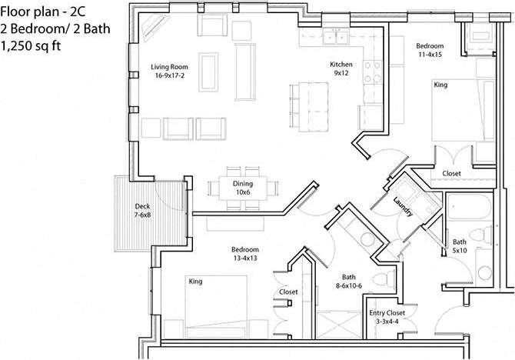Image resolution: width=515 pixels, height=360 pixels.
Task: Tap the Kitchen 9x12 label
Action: (341, 68)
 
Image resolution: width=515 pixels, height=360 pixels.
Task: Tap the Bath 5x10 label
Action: (460, 245)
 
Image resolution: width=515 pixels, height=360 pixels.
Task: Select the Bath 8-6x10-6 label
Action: (350, 282)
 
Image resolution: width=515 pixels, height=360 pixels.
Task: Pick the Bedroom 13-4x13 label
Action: (245, 254)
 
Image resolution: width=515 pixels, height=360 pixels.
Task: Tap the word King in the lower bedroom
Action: (195, 282)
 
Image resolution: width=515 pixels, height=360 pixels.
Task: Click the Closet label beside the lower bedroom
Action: (289, 292)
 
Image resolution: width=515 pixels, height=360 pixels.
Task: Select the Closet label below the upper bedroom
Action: (451, 174)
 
